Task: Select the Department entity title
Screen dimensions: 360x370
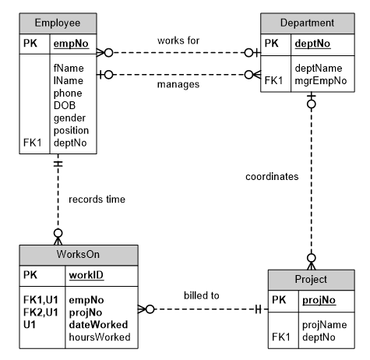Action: (308, 23)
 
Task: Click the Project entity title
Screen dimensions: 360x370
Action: (311, 280)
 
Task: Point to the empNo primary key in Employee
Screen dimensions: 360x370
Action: (69, 44)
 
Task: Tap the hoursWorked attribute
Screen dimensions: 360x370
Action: (100, 337)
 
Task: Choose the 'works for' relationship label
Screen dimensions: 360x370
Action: (178, 40)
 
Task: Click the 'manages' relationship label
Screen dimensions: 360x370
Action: (178, 83)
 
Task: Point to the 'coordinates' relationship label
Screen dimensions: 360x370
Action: (272, 176)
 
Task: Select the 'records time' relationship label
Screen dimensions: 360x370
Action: (97, 199)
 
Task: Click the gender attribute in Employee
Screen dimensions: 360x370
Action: (69, 118)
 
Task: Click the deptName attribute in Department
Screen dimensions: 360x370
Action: (318, 68)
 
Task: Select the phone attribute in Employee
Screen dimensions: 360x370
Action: (68, 93)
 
